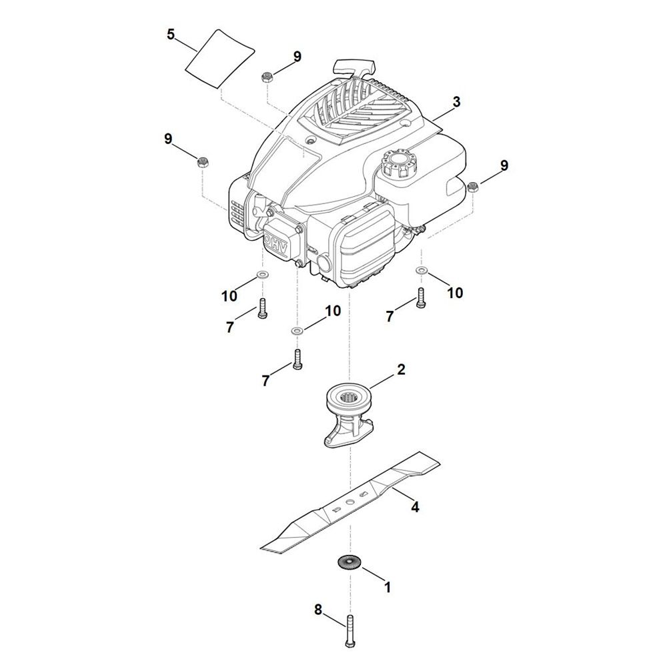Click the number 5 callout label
tap(171, 34)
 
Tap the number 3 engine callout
tap(456, 101)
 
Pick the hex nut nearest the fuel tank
tap(472, 187)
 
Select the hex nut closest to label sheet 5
tap(265, 77)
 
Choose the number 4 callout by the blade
tap(415, 507)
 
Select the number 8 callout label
tap(318, 609)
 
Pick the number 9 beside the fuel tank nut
tap(504, 165)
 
